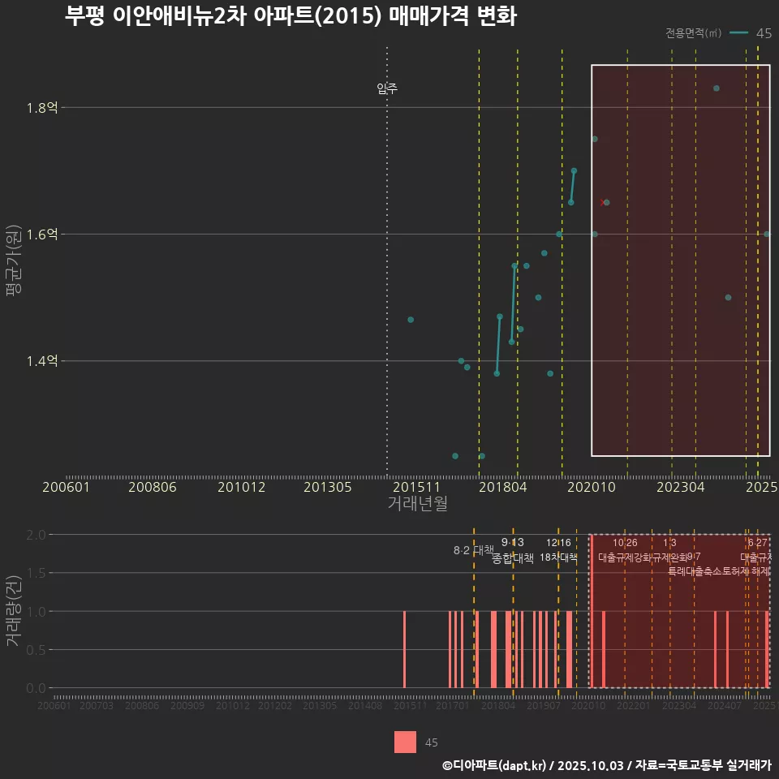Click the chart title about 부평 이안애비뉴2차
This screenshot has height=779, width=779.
pyautogui.click(x=290, y=17)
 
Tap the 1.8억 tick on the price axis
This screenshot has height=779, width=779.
pyautogui.click(x=42, y=108)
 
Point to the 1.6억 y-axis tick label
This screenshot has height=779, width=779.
pyautogui.click(x=42, y=235)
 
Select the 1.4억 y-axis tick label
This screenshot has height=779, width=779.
pyautogui.click(x=42, y=361)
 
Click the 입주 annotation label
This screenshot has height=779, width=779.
pyautogui.click(x=387, y=88)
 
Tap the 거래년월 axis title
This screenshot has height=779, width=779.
pyautogui.click(x=417, y=504)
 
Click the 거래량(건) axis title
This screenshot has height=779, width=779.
pyautogui.click(x=14, y=611)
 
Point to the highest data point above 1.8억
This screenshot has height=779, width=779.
pyautogui.click(x=716, y=88)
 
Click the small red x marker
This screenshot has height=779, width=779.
pyautogui.click(x=601, y=203)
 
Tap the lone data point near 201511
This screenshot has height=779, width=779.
pyautogui.click(x=411, y=320)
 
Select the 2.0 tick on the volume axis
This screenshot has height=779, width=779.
pyautogui.click(x=35, y=535)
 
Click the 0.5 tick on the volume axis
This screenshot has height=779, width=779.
pyautogui.click(x=35, y=650)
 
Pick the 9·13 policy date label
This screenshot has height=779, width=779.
pyautogui.click(x=512, y=542)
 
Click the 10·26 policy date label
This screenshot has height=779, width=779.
pyautogui.click(x=625, y=543)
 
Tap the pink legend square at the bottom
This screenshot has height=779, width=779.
pyautogui.click(x=405, y=742)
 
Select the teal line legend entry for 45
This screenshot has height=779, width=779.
pyautogui.click(x=750, y=33)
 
